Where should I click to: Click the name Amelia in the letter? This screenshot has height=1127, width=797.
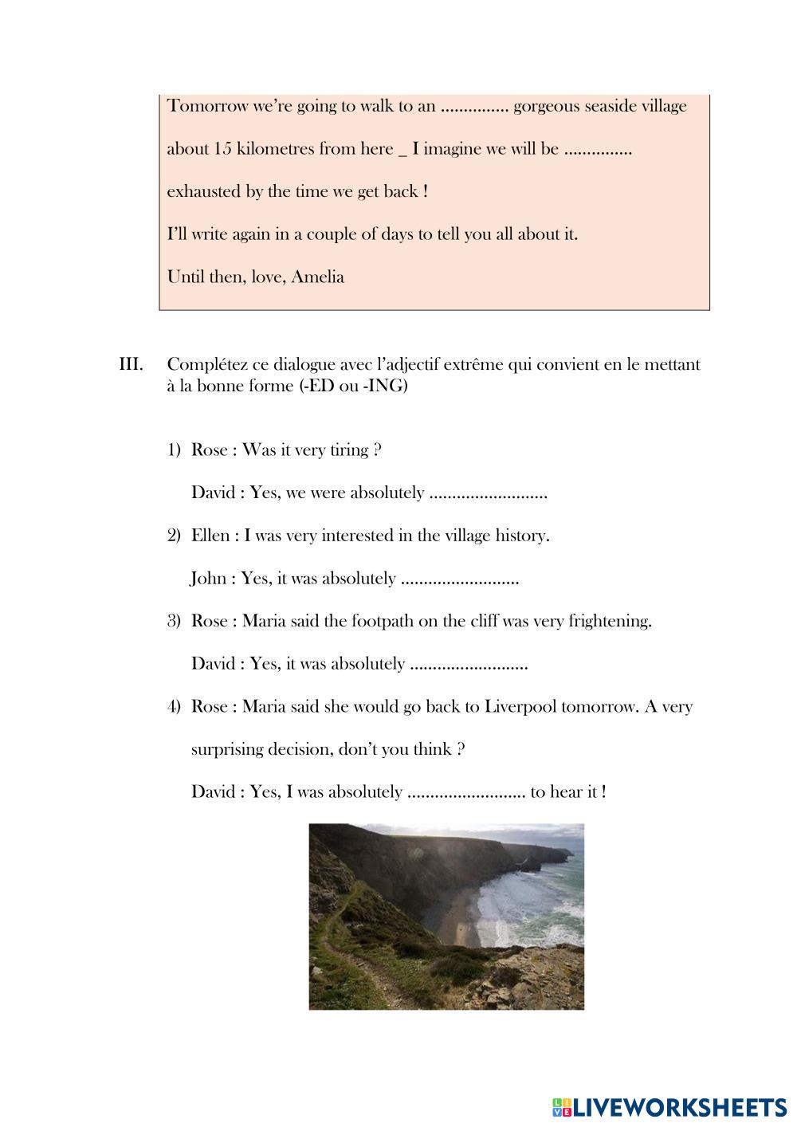318,277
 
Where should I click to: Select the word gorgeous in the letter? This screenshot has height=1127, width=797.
549,106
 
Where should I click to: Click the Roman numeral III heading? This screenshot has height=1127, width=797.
131,365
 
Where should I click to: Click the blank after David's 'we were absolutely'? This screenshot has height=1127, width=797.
488,493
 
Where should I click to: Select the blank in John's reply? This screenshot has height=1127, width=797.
460,579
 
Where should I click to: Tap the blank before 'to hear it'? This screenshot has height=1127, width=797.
465,793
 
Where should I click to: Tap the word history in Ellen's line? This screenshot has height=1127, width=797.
522,536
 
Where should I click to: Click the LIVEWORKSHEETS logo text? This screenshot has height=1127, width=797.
680,1106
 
